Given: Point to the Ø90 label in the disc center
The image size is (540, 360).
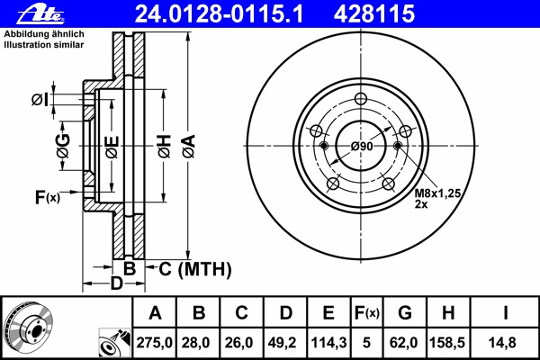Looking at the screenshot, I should point(362,147).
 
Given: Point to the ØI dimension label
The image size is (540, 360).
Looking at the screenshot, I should point(40,99).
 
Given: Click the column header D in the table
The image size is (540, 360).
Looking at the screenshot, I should point(285,313).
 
